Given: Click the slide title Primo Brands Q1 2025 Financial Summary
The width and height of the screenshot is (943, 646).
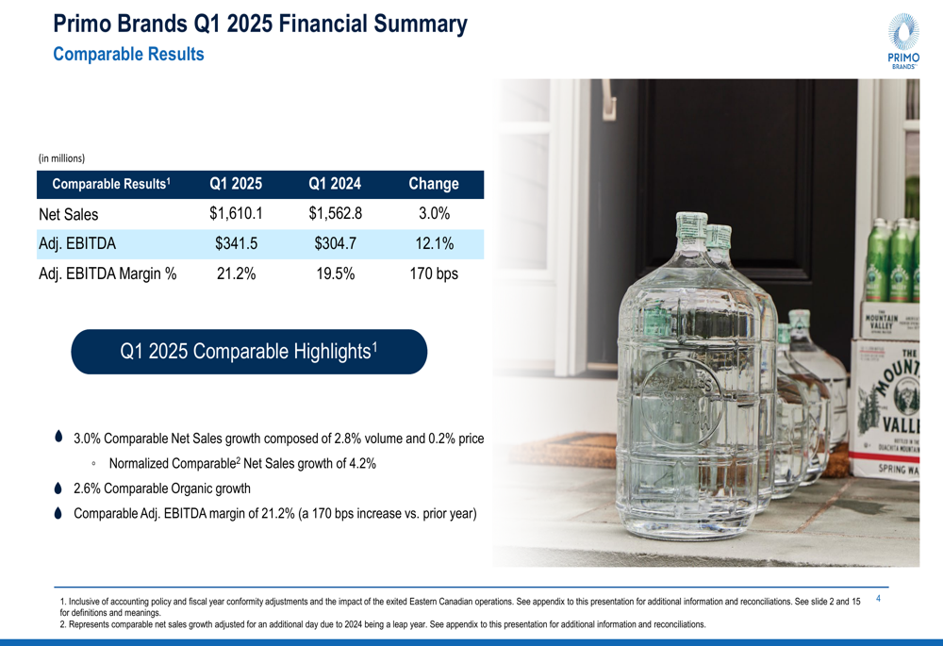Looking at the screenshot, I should pos(259,25).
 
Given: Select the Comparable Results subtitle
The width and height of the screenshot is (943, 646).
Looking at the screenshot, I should pos(128,55).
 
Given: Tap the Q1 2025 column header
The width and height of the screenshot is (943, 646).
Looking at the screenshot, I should pos(236,184).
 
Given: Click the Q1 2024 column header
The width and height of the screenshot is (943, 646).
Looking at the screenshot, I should pos(335,184).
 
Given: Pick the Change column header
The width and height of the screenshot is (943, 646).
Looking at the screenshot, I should pos(434,184).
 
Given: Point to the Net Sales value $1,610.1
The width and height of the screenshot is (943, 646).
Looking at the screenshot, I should pos(236,214).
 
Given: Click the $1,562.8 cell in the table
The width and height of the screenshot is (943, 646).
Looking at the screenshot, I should pos(335,214).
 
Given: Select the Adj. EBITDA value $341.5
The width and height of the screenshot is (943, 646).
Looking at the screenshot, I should pos(236,244).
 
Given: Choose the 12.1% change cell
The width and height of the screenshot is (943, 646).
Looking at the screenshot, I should pos(434,244).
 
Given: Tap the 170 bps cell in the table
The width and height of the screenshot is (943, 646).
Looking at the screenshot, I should pos(434,274).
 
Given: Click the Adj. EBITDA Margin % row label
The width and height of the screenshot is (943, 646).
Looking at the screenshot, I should pos(108,274).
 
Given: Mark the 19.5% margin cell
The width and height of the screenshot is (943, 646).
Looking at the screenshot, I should pos(335,274).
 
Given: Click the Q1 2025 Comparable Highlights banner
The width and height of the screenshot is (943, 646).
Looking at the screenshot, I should pos(249,352).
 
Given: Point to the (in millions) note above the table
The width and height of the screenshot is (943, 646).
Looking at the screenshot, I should pos(61,157).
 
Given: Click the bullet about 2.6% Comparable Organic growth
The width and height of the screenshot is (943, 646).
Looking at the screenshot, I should pos(161,489).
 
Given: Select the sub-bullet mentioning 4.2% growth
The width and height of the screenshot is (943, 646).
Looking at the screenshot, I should pos(242,463).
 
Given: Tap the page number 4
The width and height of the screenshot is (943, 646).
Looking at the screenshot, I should pos(879,598).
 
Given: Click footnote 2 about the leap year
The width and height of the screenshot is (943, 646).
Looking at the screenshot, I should pos(382,624).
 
